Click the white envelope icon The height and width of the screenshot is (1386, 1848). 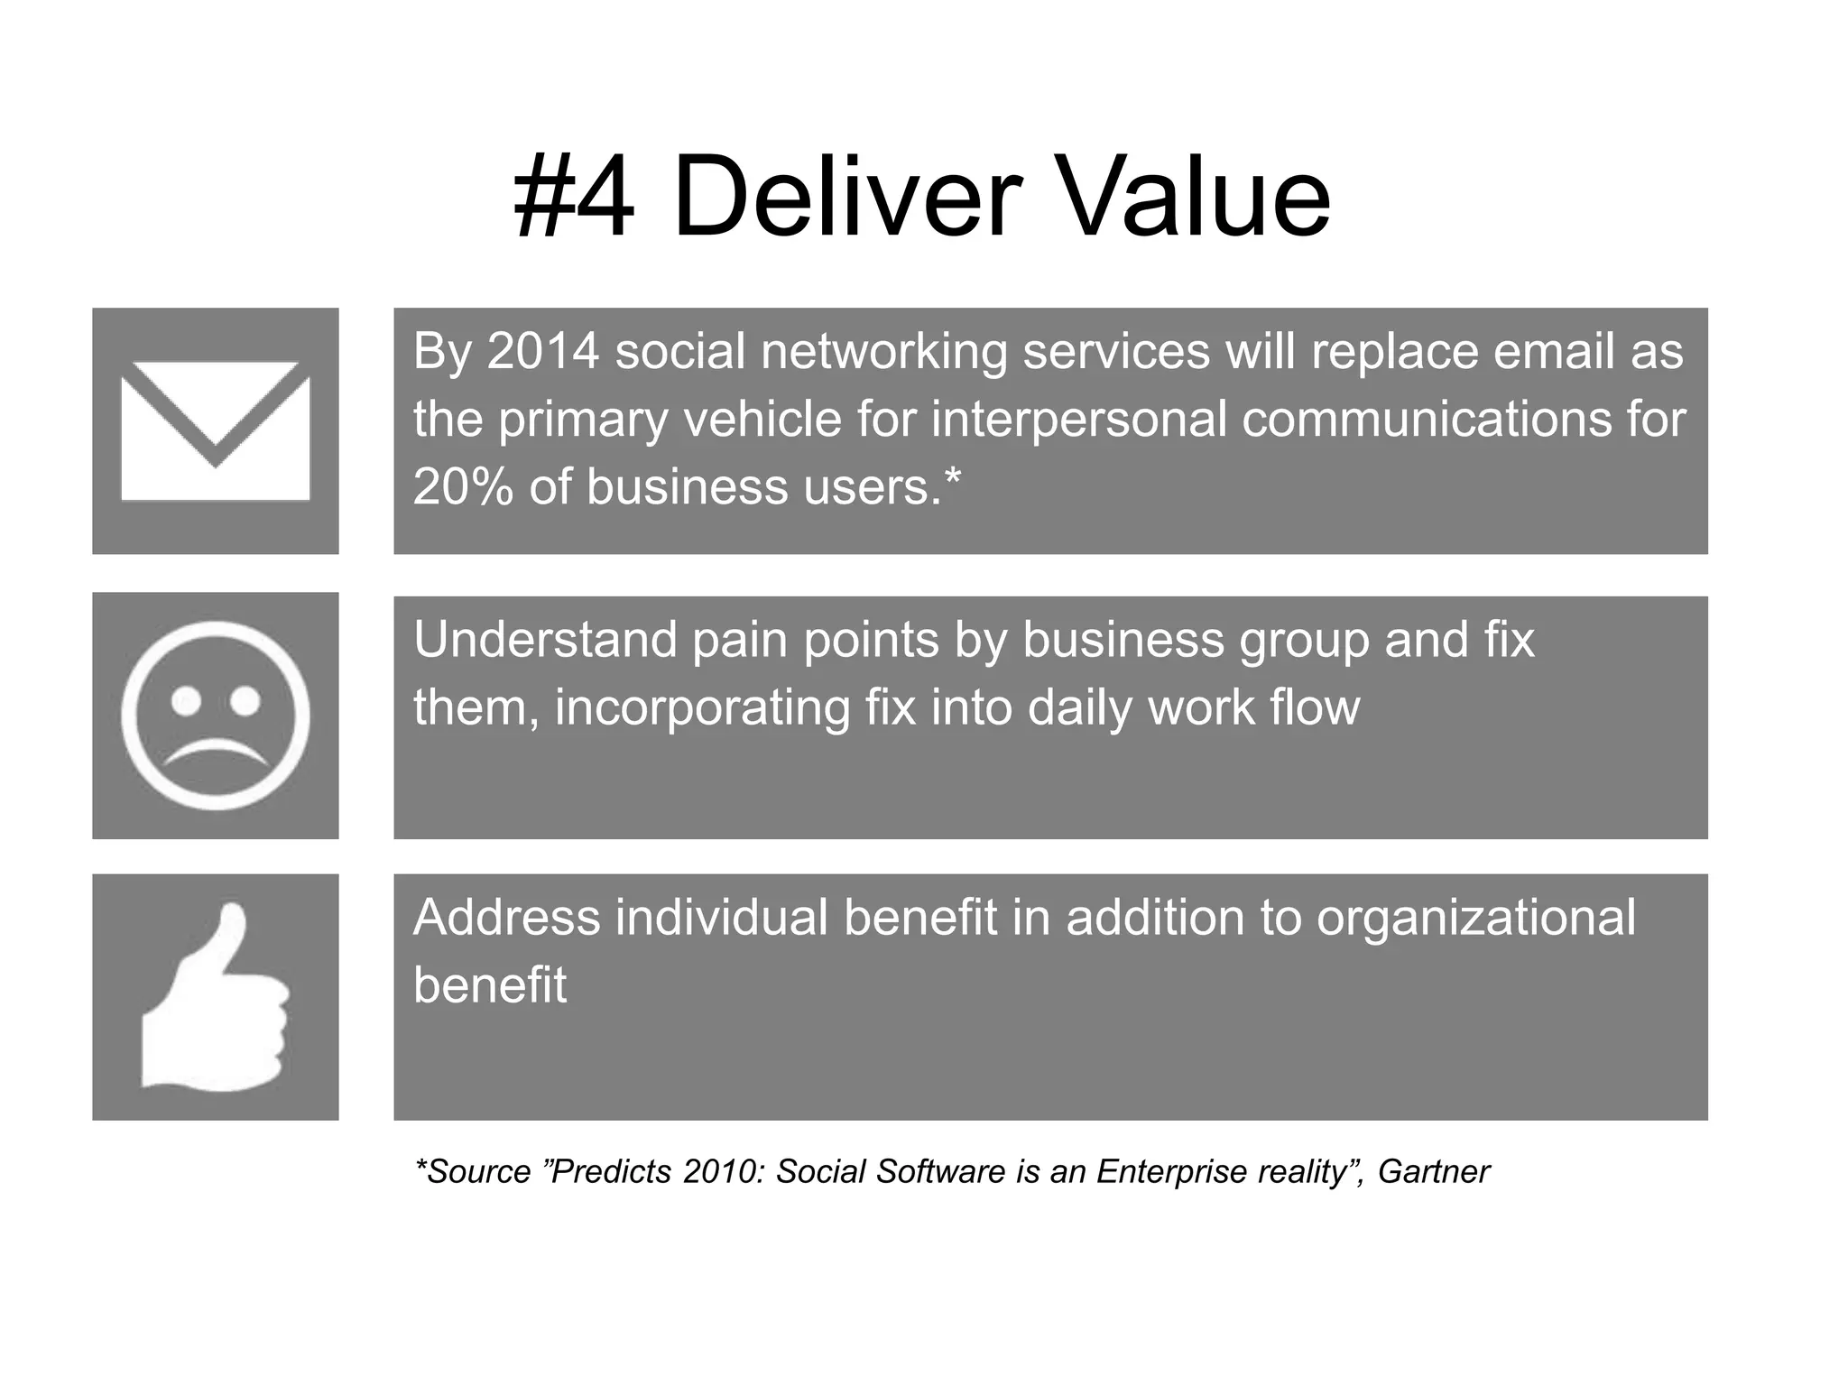[216, 431]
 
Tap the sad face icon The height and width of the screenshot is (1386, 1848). [216, 716]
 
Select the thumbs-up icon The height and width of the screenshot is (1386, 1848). [215, 997]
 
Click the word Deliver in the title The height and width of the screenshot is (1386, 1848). [846, 197]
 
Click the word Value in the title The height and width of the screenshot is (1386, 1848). [1185, 197]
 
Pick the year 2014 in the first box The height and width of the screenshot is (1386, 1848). [543, 351]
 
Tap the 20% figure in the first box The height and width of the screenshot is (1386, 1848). [463, 487]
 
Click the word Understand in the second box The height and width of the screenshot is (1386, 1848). [545, 640]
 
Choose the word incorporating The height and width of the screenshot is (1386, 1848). [701, 709]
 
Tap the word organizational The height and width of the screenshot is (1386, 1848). [1475, 919]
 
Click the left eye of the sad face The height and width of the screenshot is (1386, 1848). [187, 700]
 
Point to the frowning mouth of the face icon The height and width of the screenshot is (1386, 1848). [216, 753]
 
